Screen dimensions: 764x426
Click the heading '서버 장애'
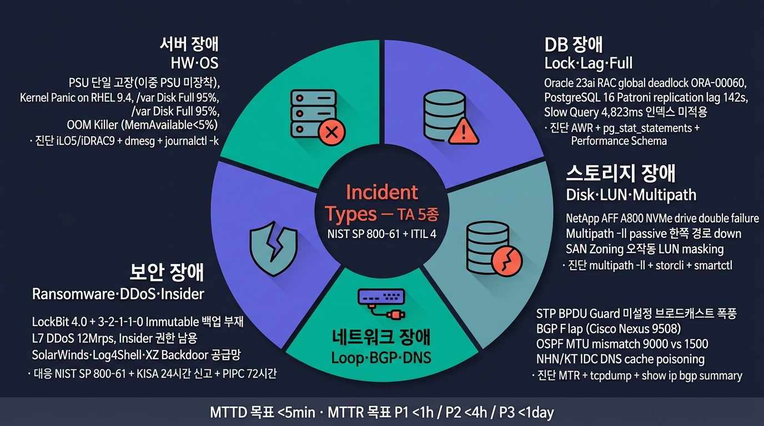click(x=189, y=44)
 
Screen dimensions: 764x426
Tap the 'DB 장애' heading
click(x=574, y=44)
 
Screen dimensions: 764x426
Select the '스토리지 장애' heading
click(x=621, y=173)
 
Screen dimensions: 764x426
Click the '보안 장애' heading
click(x=167, y=272)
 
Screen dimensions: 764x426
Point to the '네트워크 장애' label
click(x=381, y=337)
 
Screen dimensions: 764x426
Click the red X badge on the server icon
click(x=331, y=132)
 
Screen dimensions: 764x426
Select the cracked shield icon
click(x=273, y=248)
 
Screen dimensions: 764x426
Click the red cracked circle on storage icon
click(x=507, y=261)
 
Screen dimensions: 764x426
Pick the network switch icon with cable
click(x=381, y=303)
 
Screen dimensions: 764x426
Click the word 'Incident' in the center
click(x=381, y=192)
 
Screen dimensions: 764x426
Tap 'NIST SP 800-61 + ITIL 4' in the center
click(x=381, y=234)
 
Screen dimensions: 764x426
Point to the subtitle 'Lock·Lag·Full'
click(x=589, y=63)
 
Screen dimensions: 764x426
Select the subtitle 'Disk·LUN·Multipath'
click(x=631, y=195)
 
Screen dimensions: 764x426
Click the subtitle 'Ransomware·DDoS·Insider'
click(x=118, y=294)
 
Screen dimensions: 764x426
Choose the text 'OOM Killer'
click(x=92, y=125)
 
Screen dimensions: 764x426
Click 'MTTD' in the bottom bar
click(x=228, y=412)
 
